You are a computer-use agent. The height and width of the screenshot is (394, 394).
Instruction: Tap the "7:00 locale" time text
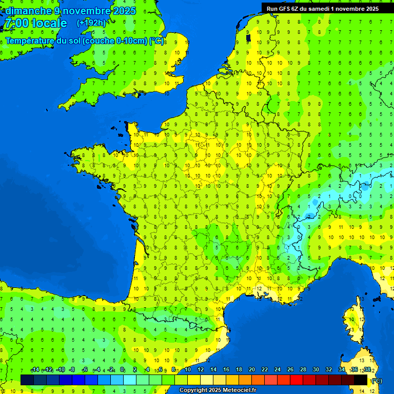[35, 23]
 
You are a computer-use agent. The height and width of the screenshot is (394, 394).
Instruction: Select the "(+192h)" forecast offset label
[91, 23]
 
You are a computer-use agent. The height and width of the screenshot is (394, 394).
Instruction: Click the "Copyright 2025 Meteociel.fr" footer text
[218, 390]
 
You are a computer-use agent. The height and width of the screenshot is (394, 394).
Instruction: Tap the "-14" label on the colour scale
[35, 369]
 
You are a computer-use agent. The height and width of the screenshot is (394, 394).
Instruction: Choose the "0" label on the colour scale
[122, 369]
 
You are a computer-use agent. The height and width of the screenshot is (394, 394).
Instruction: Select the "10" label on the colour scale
[188, 369]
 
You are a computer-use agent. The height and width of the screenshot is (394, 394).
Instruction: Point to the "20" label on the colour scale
[252, 369]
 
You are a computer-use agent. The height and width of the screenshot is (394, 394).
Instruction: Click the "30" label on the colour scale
[316, 369]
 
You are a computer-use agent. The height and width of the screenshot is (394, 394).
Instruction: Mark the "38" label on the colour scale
[367, 369]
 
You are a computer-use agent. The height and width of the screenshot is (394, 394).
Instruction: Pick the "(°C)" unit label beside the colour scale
[377, 380]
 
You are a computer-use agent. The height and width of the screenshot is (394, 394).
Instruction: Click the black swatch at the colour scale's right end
[361, 380]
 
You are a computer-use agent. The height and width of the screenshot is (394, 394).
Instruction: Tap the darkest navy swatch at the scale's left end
[27, 380]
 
